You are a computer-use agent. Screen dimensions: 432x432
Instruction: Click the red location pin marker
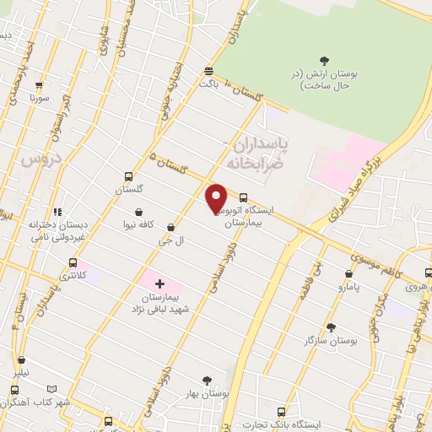[x=217, y=198]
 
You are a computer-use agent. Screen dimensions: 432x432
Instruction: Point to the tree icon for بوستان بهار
[x=208, y=381]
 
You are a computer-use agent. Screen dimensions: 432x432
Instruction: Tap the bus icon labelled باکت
[x=208, y=71]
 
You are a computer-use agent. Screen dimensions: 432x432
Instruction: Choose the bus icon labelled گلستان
[x=128, y=177]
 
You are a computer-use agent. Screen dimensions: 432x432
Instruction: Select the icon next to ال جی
[x=171, y=227]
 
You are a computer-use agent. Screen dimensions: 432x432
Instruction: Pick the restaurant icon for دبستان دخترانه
[x=57, y=213]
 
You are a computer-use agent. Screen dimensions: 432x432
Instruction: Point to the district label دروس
[x=36, y=160]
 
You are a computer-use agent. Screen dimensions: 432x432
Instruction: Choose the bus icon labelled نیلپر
[x=15, y=389]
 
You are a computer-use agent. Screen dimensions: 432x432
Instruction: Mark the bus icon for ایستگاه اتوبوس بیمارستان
[x=244, y=192]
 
